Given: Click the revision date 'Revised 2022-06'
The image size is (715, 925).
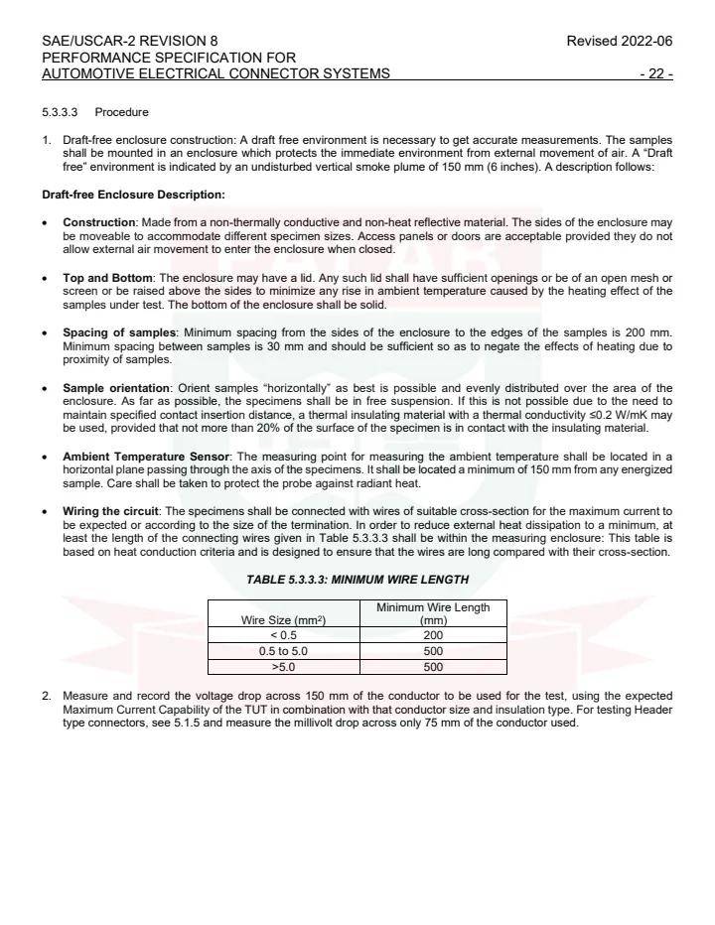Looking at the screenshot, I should [619, 41].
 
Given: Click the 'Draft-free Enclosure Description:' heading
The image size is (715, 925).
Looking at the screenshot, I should [133, 194].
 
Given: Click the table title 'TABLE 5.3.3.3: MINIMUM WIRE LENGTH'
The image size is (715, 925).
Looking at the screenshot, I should [357, 580].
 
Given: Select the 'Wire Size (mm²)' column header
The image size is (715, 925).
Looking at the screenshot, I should [284, 620].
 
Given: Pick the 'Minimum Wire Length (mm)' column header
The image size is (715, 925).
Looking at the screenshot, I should [433, 613].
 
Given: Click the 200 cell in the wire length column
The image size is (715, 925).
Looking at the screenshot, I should [433, 635].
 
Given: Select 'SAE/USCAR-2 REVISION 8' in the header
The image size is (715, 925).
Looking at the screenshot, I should [130, 41].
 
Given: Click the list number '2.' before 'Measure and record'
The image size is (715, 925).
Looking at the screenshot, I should [47, 696].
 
